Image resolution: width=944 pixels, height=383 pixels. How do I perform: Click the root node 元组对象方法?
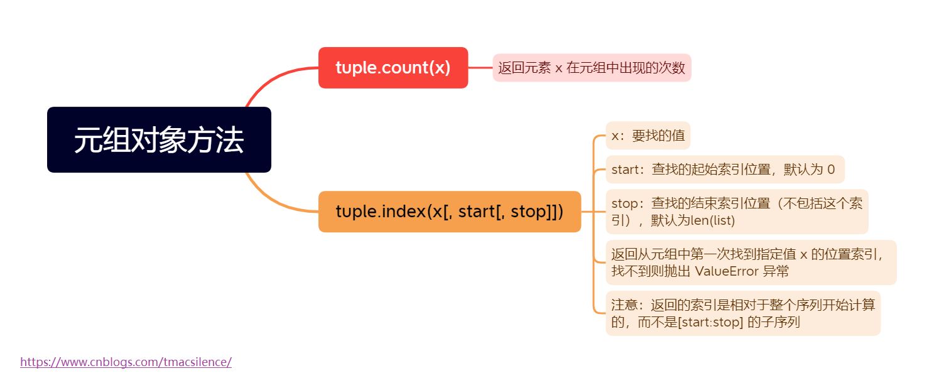pos(159,139)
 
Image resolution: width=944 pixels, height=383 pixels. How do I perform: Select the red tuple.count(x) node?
pos(393,68)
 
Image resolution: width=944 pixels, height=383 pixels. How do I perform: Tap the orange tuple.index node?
pos(449,212)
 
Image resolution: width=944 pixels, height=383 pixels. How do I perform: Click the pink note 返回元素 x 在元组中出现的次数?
pos(591,68)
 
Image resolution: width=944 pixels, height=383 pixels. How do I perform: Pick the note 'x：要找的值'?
pos(648,136)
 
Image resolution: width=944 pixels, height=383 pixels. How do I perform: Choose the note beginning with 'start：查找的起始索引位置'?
pos(724,170)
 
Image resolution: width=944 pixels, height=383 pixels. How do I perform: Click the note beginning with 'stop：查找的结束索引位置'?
pos(736,212)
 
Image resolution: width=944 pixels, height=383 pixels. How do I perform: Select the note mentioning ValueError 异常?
pos(750,262)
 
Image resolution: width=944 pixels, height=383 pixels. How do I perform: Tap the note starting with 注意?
pos(742,313)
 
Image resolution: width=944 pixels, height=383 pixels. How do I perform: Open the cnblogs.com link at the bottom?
pos(126,362)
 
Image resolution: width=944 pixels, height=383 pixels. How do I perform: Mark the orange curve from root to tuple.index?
pos(270,200)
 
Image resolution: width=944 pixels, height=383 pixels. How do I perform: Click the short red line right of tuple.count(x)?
pos(480,68)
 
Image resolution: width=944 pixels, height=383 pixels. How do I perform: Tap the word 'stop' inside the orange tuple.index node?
pos(529,212)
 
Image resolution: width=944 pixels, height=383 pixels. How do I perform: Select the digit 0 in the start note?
pos(831,170)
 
